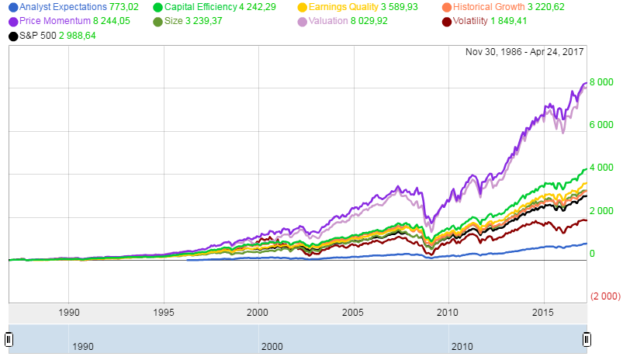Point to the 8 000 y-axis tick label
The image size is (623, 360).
click(x=602, y=82)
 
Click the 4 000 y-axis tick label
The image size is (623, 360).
click(x=602, y=168)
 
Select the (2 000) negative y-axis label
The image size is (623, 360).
click(x=604, y=296)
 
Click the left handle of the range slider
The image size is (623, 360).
click(x=9, y=339)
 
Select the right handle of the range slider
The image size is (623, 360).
click(x=587, y=339)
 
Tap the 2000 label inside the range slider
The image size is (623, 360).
click(x=272, y=344)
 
